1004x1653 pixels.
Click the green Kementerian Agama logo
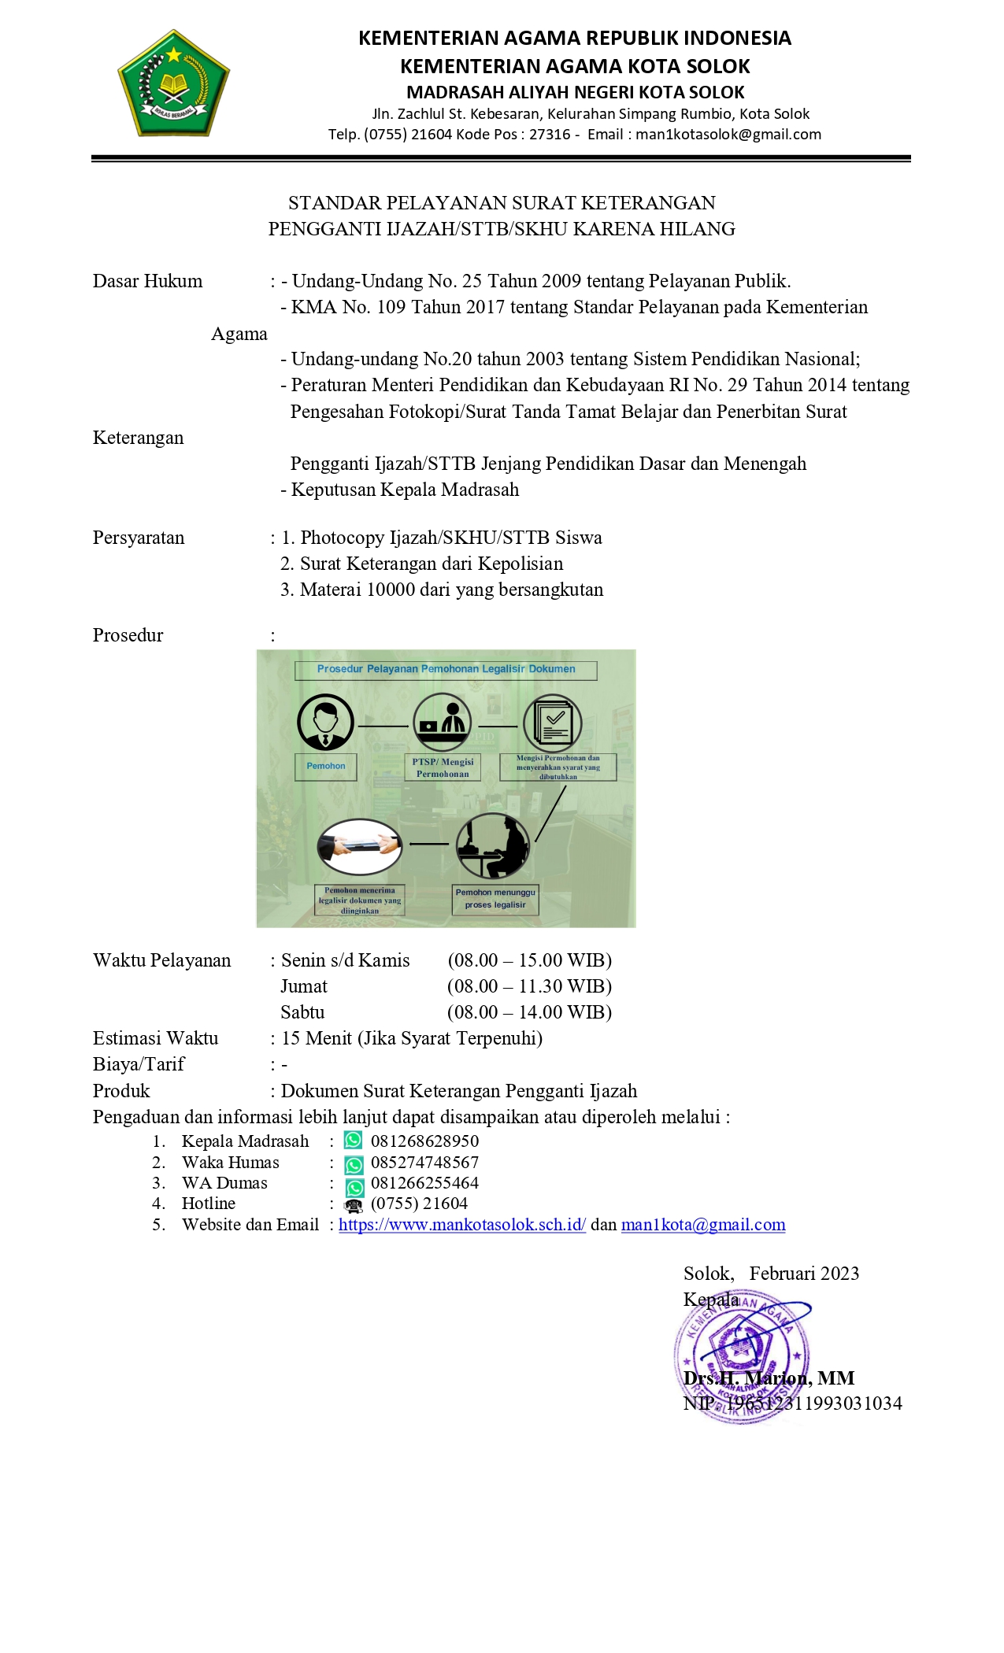point(173,83)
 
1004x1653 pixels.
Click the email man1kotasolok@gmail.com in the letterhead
point(728,135)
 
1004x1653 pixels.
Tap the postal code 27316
point(550,135)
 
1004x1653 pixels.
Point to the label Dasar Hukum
point(147,282)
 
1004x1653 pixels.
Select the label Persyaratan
point(139,538)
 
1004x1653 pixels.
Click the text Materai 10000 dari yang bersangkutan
point(451,590)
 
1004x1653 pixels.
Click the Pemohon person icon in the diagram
point(325,723)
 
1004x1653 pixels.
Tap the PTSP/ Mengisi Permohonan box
point(443,767)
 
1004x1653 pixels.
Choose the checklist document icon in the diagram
point(553,722)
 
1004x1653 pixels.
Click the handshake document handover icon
point(360,847)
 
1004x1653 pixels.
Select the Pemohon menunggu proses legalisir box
point(495,899)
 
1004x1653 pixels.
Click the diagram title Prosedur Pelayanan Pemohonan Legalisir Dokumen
point(446,670)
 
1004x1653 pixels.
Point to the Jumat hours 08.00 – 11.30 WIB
point(529,987)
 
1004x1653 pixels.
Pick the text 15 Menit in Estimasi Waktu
point(317,1039)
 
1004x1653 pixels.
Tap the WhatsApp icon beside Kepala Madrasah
point(354,1141)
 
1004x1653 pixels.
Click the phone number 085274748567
point(424,1163)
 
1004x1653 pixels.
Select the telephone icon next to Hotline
point(354,1205)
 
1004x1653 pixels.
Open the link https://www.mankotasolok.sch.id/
point(462,1226)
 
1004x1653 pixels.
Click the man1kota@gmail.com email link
point(703,1226)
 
